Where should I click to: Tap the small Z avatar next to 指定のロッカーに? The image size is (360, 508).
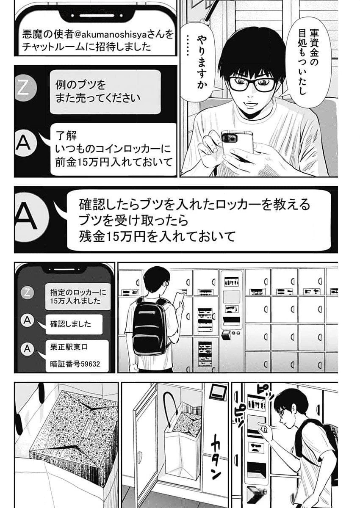[x=27, y=292]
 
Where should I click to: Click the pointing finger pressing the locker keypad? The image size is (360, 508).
[x=267, y=430]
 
